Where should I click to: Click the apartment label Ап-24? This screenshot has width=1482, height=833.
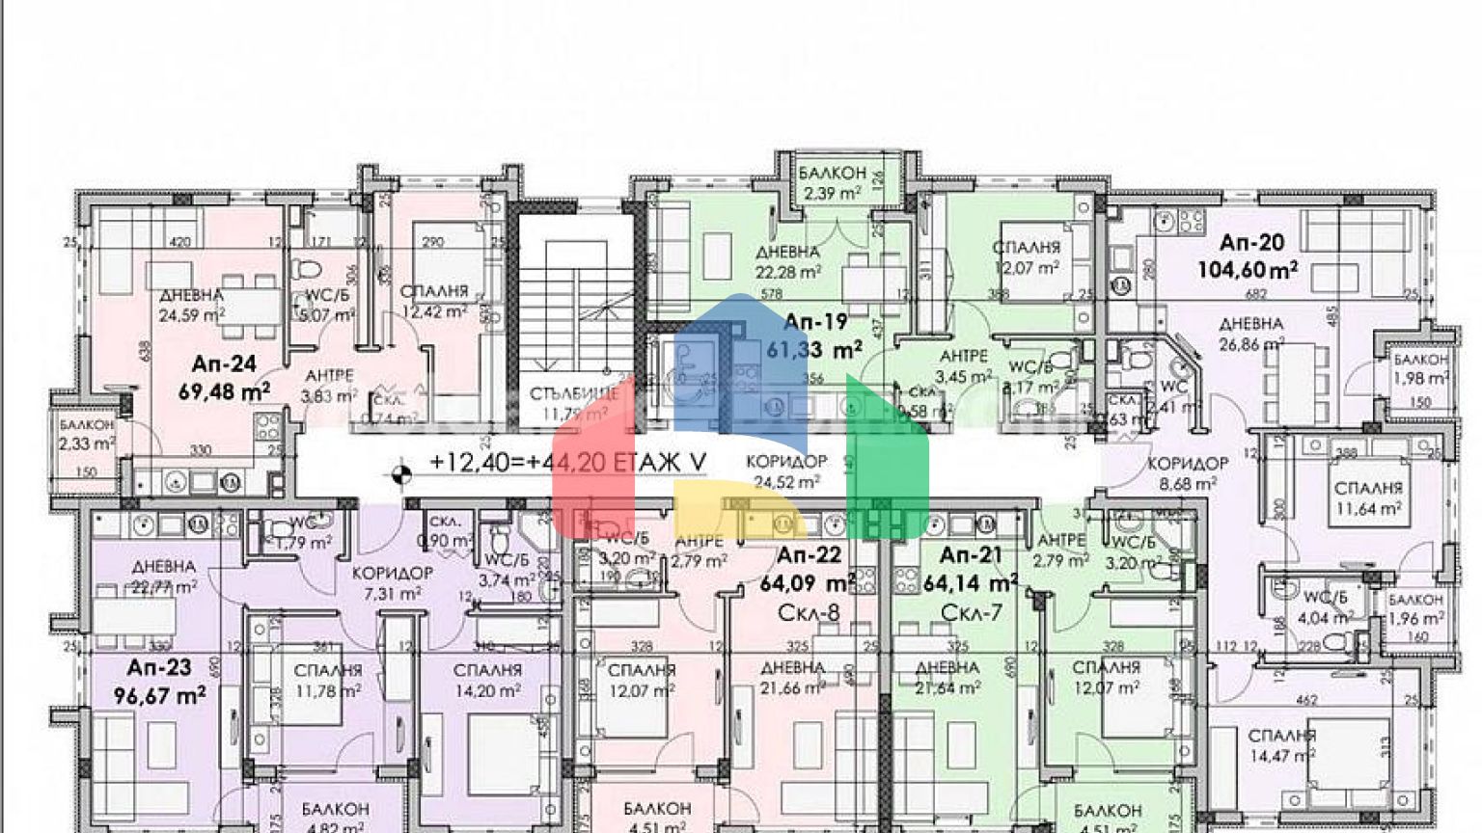224,363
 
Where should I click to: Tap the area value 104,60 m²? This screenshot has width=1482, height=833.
1248,270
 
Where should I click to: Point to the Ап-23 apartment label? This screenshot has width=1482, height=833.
159,667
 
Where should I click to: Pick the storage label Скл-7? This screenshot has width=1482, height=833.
971,613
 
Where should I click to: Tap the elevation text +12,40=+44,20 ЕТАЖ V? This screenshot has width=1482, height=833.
568,463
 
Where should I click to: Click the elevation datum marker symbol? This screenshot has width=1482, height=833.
402,472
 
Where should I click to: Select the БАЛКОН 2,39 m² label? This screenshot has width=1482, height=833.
832,183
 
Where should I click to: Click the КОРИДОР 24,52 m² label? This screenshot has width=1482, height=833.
787,472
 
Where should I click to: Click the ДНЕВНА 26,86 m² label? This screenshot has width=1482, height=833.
1250,333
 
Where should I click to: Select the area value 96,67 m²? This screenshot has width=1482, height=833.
160,694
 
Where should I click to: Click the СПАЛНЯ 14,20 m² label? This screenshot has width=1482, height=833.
487,680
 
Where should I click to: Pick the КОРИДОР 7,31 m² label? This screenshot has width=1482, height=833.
392,582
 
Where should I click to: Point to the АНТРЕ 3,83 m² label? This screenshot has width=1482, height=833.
329,385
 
